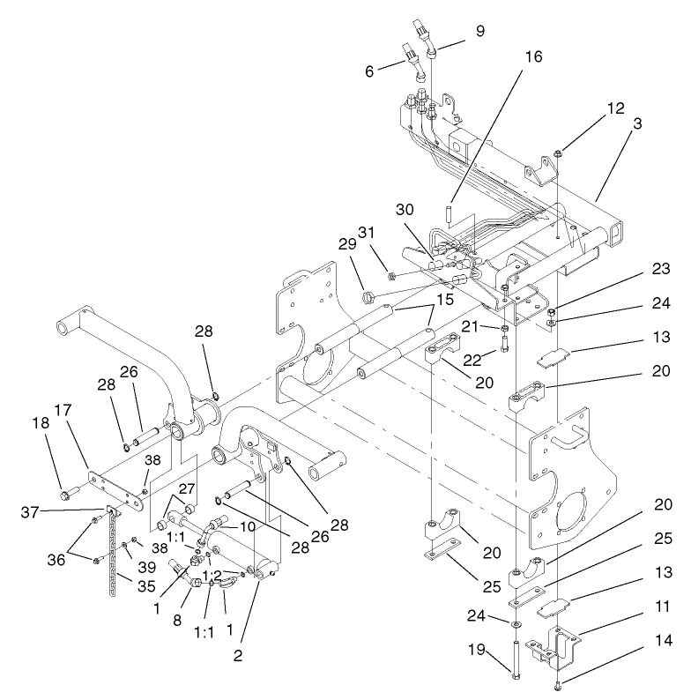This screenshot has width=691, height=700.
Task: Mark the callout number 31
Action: [x=367, y=233]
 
